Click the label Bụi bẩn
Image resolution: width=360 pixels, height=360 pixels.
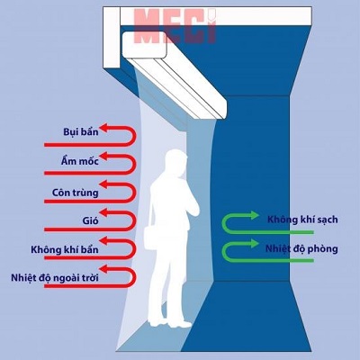[x=81, y=132]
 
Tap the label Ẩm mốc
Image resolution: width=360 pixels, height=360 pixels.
[x=79, y=161]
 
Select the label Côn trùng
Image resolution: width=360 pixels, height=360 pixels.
[x=75, y=193]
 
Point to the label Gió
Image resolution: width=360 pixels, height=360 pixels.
[x=90, y=220]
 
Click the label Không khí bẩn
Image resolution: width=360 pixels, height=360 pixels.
[x=65, y=249]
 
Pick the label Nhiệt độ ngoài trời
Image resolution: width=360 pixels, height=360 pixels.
[x=55, y=278]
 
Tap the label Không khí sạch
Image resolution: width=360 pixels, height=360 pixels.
[x=302, y=220]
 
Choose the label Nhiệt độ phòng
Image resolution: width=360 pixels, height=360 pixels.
[x=301, y=248]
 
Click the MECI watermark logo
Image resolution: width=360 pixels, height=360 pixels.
[x=175, y=26]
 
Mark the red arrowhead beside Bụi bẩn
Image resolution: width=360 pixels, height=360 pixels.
[x=103, y=128]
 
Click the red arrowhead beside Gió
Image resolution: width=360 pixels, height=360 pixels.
[x=103, y=212]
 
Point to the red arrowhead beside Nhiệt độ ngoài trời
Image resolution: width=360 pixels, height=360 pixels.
[x=103, y=269]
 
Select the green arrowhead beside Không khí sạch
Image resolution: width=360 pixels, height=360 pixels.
[x=255, y=215]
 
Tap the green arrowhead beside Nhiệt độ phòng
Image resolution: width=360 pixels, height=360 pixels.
[x=255, y=243]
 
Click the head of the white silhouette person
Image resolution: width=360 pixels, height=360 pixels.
[x=177, y=163]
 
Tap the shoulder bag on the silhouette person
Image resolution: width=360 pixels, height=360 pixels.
[x=152, y=237]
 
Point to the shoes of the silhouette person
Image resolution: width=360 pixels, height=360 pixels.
[x=170, y=324]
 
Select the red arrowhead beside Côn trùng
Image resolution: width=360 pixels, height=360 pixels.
[x=103, y=184]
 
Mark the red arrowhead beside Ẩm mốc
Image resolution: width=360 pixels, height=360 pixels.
[x=103, y=156]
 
